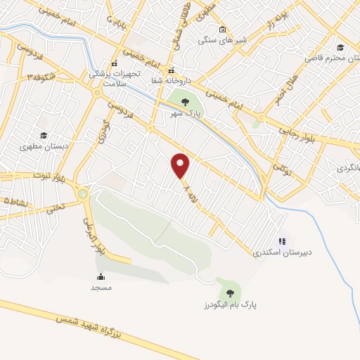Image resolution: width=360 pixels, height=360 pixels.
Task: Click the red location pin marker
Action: click(181, 166)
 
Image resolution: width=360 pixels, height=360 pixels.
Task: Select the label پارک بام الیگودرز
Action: click(227, 305)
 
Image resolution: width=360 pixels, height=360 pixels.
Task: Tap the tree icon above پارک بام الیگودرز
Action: click(228, 293)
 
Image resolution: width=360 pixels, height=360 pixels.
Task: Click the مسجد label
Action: click(101, 288)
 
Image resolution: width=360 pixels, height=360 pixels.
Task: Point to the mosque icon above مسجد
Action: click(101, 276)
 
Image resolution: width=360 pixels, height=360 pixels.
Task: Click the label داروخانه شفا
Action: click(171, 81)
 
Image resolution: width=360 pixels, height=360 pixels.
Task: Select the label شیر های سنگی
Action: click(223, 41)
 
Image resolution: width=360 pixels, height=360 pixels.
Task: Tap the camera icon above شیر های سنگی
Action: click(223, 30)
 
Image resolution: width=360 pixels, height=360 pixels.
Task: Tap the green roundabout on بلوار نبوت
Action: click(84, 194)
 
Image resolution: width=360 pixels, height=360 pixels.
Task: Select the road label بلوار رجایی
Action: click(300, 129)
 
